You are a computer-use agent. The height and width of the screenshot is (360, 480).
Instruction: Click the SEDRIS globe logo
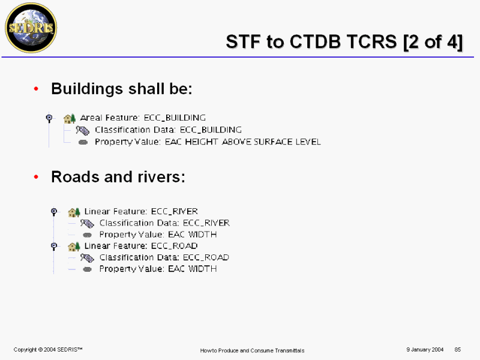click(31, 28)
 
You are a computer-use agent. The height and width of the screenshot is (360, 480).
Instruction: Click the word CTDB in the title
click(316, 41)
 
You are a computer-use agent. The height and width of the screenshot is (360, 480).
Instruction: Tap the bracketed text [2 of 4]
click(433, 42)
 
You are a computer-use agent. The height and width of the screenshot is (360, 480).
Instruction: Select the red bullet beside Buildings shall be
click(36, 89)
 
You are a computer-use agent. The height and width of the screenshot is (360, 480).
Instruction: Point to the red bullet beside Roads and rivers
click(36, 177)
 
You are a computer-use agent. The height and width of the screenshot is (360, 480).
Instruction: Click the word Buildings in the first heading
click(87, 89)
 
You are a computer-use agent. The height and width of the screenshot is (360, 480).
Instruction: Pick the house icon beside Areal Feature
click(70, 118)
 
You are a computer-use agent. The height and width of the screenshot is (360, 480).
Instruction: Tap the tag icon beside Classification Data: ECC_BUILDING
click(83, 130)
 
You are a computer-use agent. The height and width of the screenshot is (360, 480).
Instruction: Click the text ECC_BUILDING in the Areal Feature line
click(175, 118)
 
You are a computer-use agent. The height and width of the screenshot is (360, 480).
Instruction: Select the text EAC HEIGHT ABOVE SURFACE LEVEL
click(243, 142)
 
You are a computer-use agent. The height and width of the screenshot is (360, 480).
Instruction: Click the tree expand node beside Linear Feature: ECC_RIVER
click(54, 212)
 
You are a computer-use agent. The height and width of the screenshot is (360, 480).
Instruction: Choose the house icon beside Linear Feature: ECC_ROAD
click(74, 246)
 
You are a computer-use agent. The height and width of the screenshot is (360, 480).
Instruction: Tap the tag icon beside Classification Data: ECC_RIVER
click(87, 224)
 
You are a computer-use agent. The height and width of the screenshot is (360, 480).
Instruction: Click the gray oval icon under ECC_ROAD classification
click(87, 269)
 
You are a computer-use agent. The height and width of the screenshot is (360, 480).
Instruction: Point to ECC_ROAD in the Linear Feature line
click(175, 246)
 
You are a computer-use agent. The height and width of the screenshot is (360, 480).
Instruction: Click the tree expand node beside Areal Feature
click(49, 118)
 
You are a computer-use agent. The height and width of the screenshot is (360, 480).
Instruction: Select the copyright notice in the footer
click(48, 350)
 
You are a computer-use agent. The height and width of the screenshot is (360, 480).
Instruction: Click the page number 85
click(458, 350)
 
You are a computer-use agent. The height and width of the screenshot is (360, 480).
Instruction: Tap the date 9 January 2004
click(425, 350)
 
